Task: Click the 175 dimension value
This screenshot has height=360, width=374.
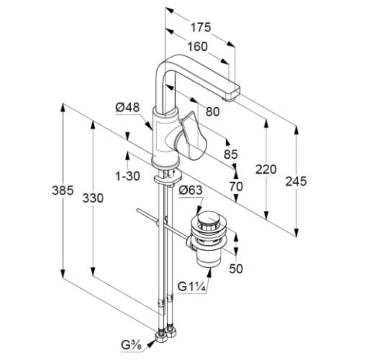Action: (x=200, y=27)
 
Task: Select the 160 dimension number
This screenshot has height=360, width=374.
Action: (x=197, y=46)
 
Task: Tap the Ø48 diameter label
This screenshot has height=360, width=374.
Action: (x=128, y=108)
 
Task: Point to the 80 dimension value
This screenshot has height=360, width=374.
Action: (x=212, y=112)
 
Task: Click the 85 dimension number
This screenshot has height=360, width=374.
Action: (x=230, y=154)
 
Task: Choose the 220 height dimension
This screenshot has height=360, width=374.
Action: (x=266, y=170)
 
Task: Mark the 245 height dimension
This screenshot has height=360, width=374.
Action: (x=296, y=181)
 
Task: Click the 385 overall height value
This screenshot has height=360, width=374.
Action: (x=63, y=190)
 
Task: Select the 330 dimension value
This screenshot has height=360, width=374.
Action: (x=93, y=198)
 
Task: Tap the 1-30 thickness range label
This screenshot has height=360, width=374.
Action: (x=128, y=177)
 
